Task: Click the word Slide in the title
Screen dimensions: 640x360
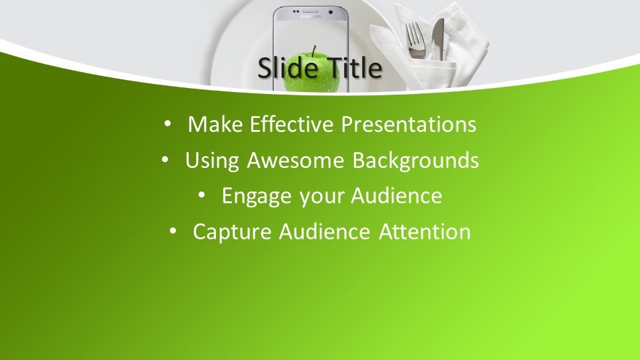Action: point(288,67)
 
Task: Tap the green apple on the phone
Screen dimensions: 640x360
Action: point(311,73)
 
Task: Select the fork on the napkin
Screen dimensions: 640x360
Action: point(415,40)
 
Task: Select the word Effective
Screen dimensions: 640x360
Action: point(291,124)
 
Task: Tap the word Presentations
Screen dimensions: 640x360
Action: point(409,124)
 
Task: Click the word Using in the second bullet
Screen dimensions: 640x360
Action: point(212,161)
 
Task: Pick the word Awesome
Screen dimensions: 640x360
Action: point(295,160)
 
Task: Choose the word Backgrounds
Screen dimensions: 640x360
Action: point(415,161)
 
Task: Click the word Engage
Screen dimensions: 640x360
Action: point(257,196)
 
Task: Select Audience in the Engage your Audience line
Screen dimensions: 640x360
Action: point(396,195)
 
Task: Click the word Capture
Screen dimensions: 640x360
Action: point(232,232)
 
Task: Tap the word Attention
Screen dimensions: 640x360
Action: point(425,231)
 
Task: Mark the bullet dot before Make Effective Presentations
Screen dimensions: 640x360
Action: point(167,124)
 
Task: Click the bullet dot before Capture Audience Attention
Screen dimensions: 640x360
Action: point(173,231)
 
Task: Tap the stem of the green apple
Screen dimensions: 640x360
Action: point(313,51)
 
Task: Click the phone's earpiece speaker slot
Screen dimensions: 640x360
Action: point(310,12)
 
